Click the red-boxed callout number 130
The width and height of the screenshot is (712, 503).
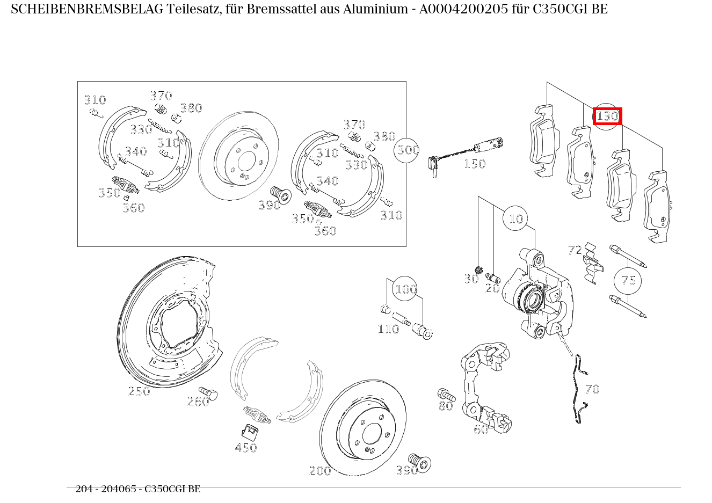pyautogui.click(x=607, y=116)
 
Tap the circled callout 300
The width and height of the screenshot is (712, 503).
pyautogui.click(x=408, y=150)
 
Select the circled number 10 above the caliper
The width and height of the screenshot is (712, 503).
pyautogui.click(x=516, y=218)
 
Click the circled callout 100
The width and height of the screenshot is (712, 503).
pyautogui.click(x=405, y=290)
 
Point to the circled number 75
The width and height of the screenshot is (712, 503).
pyautogui.click(x=628, y=280)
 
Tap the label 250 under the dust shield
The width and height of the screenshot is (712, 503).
pyautogui.click(x=139, y=391)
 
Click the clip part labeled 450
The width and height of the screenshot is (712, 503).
pyautogui.click(x=249, y=430)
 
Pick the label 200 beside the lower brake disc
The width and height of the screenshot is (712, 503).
pyautogui.click(x=320, y=471)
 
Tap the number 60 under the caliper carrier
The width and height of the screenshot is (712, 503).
pyautogui.click(x=481, y=429)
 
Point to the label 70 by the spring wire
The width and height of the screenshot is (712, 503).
pyautogui.click(x=592, y=389)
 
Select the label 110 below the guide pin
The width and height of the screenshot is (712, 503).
pyautogui.click(x=388, y=329)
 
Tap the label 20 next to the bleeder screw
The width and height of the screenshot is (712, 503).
pyautogui.click(x=492, y=288)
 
